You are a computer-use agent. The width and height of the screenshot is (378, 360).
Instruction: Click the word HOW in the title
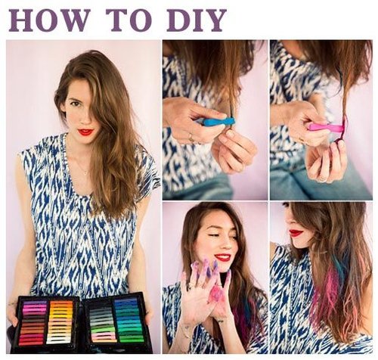[49, 20]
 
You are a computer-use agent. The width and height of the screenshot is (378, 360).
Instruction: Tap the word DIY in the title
[197, 20]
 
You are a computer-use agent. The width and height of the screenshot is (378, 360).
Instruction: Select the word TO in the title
[129, 20]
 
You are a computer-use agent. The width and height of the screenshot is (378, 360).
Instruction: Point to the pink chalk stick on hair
[327, 127]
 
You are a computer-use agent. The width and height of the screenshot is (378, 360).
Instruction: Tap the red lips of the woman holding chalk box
[85, 132]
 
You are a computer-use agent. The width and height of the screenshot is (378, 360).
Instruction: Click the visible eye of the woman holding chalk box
[75, 103]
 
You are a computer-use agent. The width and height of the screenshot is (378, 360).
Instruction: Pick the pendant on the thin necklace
[85, 173]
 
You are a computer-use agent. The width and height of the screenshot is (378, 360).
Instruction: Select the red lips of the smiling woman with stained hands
[223, 257]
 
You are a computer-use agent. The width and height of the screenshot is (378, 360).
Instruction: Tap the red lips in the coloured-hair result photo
[296, 232]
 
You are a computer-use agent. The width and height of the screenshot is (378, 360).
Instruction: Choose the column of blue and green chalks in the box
[129, 320]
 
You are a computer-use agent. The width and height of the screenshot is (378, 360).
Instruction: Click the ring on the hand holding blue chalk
[191, 137]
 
